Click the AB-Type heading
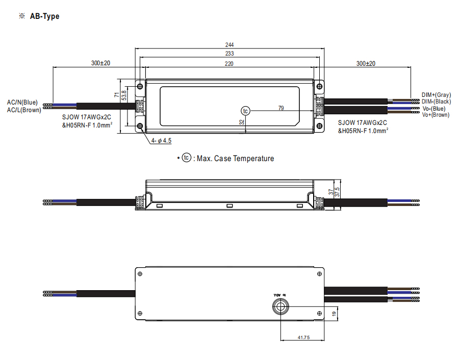click(x=44, y=16)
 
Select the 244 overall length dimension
click(x=229, y=45)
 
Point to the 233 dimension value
click(x=229, y=54)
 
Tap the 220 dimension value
click(x=229, y=63)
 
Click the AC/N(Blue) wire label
click(x=22, y=102)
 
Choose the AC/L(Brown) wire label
click(x=24, y=110)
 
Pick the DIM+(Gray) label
click(x=436, y=95)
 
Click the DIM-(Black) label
click(x=436, y=101)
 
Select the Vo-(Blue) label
click(x=433, y=108)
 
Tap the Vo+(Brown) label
click(x=436, y=115)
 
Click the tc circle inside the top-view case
click(x=246, y=110)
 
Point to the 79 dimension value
click(x=280, y=108)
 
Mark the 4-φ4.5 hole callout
click(x=161, y=140)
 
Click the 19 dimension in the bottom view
click(x=334, y=313)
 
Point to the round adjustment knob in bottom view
click(x=280, y=306)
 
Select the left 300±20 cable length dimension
click(x=101, y=63)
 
